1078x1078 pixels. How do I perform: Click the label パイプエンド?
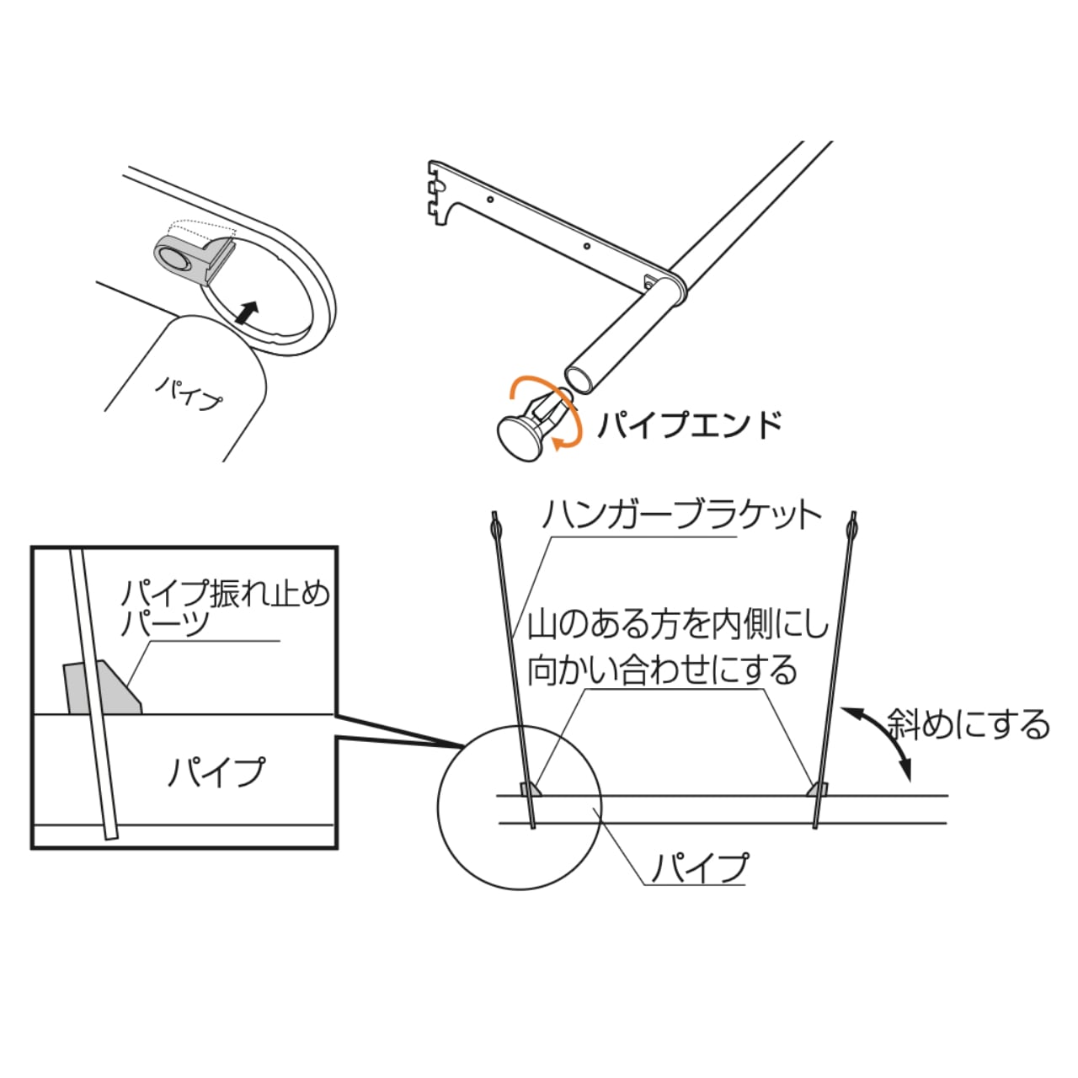[689, 424]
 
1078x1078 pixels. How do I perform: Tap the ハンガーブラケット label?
[680, 515]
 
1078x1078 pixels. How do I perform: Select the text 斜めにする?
[969, 724]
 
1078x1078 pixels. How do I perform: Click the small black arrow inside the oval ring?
[245, 312]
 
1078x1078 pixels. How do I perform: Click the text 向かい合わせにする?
[662, 670]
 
